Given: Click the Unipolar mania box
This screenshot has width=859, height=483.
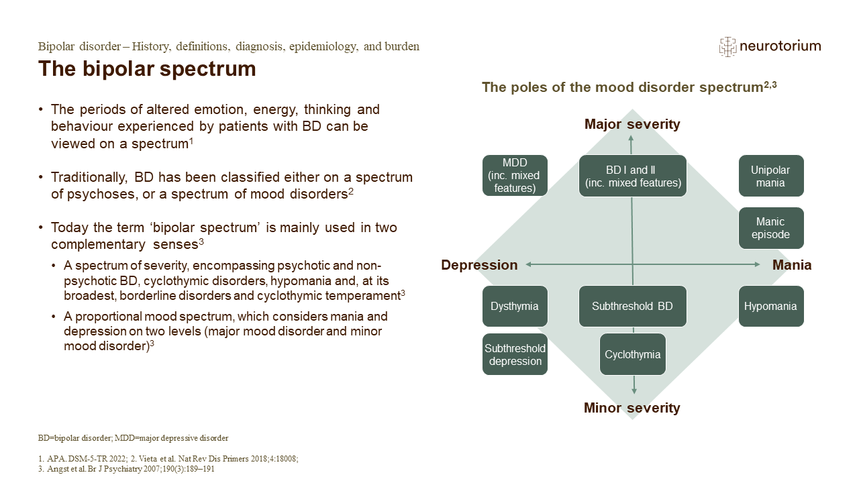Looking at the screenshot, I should click(770, 176).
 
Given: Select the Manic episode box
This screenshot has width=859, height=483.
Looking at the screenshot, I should click(770, 228).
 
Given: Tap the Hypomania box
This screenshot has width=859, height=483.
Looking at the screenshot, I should click(770, 307).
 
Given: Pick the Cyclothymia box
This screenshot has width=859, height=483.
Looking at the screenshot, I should click(632, 354).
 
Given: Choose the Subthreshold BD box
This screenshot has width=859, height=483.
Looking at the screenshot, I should click(632, 307).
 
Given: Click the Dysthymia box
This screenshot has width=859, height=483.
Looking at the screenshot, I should click(515, 307).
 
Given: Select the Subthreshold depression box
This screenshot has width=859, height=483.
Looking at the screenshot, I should click(515, 354).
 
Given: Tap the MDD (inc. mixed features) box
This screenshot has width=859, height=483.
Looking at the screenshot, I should click(515, 176).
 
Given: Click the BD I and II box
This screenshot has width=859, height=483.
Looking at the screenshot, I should click(632, 176).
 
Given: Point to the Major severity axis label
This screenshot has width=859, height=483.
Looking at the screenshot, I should click(632, 124).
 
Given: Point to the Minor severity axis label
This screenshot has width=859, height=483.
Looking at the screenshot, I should click(632, 408).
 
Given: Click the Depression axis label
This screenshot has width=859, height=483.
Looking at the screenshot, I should click(479, 265).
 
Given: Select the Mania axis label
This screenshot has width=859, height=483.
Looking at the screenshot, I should click(792, 265).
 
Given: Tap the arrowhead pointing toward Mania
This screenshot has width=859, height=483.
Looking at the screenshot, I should click(758, 265).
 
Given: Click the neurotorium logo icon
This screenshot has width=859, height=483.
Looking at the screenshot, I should click(727, 46).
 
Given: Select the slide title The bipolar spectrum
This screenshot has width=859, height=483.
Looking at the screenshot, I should click(147, 68).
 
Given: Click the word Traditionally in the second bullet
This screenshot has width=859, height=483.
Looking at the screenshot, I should click(89, 178).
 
